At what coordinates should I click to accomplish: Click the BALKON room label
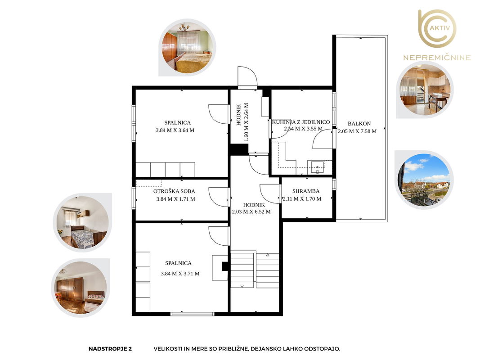pyautogui.click(x=359, y=124)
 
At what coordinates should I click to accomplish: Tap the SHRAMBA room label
pyautogui.click(x=305, y=191)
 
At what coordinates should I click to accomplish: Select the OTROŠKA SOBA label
pyautogui.click(x=174, y=191)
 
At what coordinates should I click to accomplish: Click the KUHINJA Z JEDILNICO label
pyautogui.click(x=301, y=122)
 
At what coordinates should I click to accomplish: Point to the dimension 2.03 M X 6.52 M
pyautogui.click(x=251, y=211)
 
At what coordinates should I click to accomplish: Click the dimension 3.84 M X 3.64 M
pyautogui.click(x=175, y=130)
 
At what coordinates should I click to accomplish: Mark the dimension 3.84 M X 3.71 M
pyautogui.click(x=180, y=274)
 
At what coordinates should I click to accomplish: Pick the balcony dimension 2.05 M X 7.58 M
pyautogui.click(x=357, y=131)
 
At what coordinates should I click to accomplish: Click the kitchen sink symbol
pyautogui.click(x=318, y=167)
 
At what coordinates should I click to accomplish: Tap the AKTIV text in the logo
pyautogui.click(x=440, y=28)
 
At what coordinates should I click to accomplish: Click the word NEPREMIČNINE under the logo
pyautogui.click(x=437, y=58)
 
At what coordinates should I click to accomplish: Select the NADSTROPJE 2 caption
pyautogui.click(x=110, y=349)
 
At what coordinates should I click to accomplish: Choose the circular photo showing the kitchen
pyautogui.click(x=425, y=90)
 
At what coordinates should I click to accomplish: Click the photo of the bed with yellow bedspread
pyautogui.click(x=187, y=47)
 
